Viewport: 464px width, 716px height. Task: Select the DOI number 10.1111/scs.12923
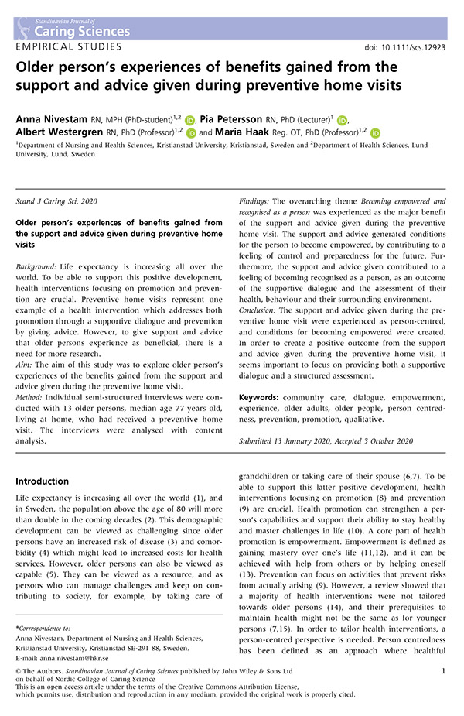click(413, 48)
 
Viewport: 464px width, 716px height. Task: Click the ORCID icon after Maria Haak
click(376, 133)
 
